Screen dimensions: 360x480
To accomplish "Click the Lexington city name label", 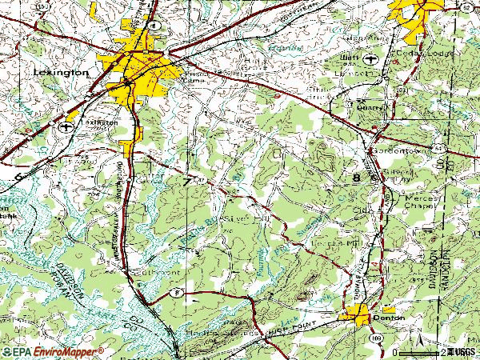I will pyautogui.click(x=62, y=72).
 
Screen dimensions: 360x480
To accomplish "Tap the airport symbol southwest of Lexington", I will pyautogui.click(x=65, y=126).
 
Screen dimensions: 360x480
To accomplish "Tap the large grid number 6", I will pyautogui.click(x=18, y=174).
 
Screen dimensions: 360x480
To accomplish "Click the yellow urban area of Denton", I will pyautogui.click(x=357, y=314).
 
